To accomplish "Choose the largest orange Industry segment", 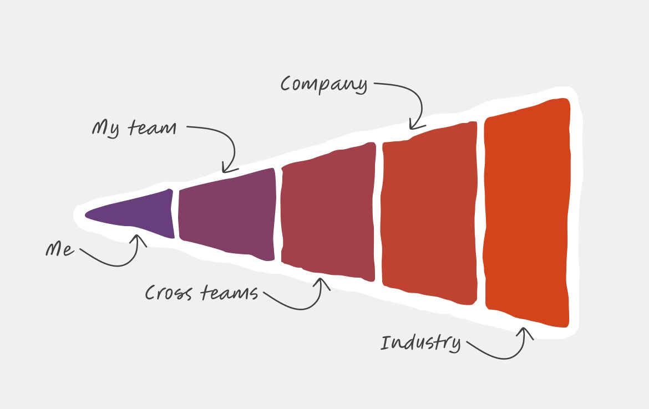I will (x=527, y=213).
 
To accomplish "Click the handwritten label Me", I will (x=59, y=250).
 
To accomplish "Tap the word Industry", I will (x=420, y=343).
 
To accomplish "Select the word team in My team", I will (x=151, y=129).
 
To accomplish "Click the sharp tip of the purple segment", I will (x=86, y=214).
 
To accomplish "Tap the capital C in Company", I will (x=287, y=84).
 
